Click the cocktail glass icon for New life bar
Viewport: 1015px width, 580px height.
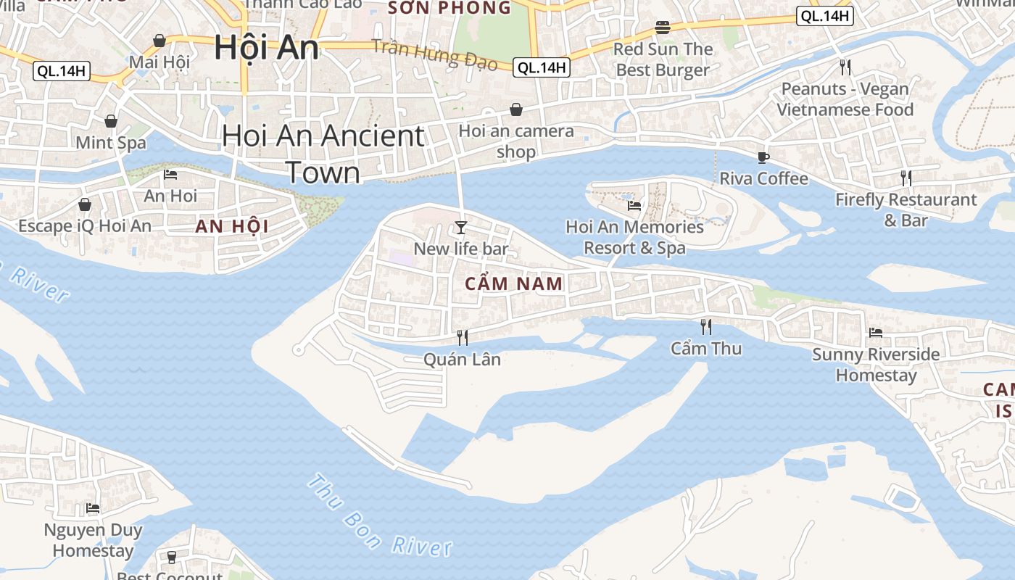pos(460,228)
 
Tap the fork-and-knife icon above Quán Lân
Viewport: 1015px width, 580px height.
pos(462,337)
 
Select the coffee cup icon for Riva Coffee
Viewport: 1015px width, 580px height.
pos(763,157)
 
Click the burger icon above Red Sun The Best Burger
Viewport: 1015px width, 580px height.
pos(663,28)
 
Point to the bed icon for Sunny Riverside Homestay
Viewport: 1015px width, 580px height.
pos(876,333)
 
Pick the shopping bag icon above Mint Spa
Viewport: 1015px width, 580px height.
pos(111,120)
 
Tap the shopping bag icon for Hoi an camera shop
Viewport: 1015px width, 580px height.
pos(516,109)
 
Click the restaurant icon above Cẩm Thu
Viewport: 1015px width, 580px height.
pos(706,327)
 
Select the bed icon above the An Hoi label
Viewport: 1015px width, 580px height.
pos(170,174)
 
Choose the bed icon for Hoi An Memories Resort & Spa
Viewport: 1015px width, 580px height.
pos(634,205)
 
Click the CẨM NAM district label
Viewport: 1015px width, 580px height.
pos(513,283)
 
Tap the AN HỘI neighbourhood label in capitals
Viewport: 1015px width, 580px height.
pos(232,226)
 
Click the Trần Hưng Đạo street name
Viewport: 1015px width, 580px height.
pos(435,54)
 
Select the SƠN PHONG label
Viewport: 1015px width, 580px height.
pos(449,8)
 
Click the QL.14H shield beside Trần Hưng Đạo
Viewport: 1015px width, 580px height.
pos(542,67)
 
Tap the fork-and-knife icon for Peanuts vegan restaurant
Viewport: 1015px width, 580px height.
pos(845,67)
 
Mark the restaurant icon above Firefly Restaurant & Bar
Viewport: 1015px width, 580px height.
pos(906,178)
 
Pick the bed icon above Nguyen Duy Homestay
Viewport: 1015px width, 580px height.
pos(93,508)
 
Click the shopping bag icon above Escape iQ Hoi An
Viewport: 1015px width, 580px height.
pos(85,204)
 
